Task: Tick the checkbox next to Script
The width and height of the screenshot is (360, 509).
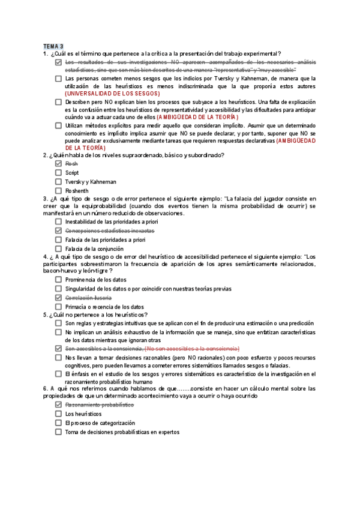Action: pyautogui.click(x=58, y=173)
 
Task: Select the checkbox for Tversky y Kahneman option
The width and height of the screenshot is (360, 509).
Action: pyautogui.click(x=58, y=182)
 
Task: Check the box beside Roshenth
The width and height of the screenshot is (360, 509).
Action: pyautogui.click(x=58, y=191)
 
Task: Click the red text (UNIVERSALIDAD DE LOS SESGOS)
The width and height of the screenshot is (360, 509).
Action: pyautogui.click(x=113, y=94)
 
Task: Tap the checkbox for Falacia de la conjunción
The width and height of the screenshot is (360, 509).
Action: pyautogui.click(x=58, y=248)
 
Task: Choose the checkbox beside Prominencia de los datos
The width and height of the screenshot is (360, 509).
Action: pyautogui.click(x=58, y=280)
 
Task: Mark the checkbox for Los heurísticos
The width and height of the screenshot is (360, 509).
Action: pyautogui.click(x=58, y=414)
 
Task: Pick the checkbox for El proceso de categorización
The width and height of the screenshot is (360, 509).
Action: pyautogui.click(x=58, y=423)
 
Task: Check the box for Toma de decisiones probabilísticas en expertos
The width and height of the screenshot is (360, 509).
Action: pyautogui.click(x=58, y=432)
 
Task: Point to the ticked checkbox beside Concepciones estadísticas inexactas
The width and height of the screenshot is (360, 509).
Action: pyautogui.click(x=58, y=230)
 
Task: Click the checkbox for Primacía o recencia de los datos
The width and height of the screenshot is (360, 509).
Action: pyautogui.click(x=58, y=307)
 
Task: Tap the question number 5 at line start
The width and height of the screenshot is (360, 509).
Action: pyautogui.click(x=45, y=315)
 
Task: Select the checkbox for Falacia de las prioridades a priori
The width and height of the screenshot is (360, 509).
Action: pyautogui.click(x=58, y=239)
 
